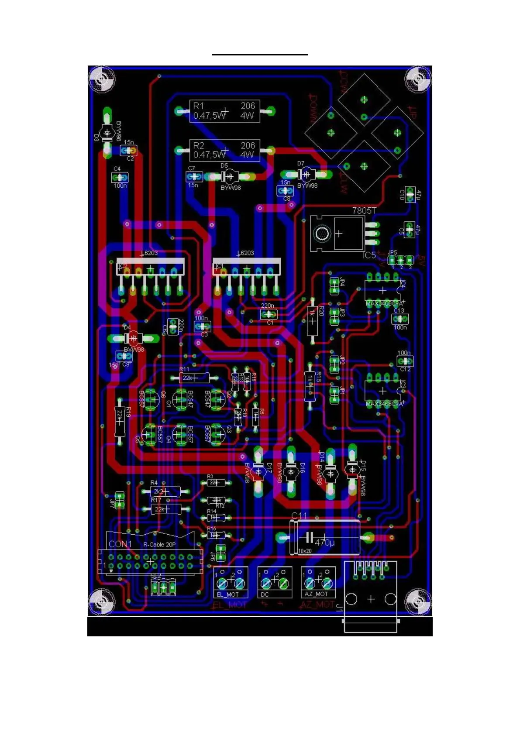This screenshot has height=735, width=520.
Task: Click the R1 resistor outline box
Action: click(x=224, y=111)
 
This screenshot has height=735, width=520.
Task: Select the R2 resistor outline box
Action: click(x=224, y=151)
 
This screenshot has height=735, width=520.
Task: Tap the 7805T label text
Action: click(x=364, y=211)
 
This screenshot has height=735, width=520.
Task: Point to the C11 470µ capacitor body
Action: click(x=325, y=537)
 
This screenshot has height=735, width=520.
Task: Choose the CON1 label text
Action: click(x=120, y=544)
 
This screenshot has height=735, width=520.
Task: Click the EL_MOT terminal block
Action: click(x=231, y=582)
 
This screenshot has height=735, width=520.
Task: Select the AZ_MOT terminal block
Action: click(x=318, y=582)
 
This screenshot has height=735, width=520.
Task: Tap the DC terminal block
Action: click(x=275, y=582)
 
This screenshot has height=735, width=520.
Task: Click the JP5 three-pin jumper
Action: click(x=401, y=261)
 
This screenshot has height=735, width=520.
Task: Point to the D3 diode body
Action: click(x=107, y=133)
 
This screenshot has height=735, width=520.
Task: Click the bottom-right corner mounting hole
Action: click(x=419, y=602)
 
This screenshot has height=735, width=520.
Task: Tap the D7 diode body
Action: click(x=307, y=175)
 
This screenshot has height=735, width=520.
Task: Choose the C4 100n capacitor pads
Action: click(x=120, y=178)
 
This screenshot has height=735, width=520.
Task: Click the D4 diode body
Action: click(x=134, y=338)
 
